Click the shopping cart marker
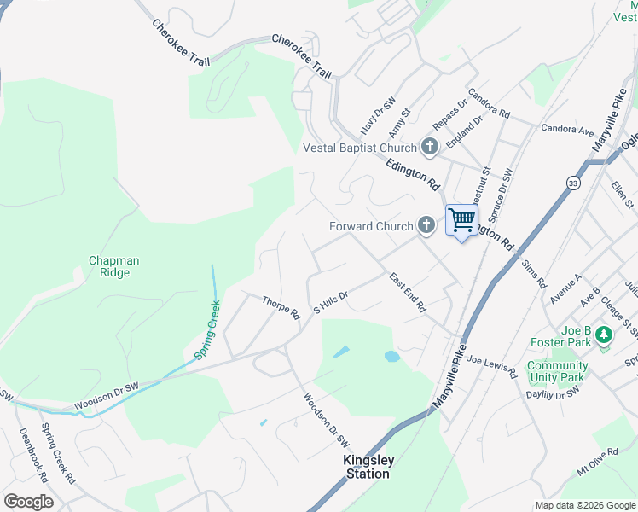pyautogui.click(x=461, y=220)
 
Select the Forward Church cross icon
pyautogui.click(x=426, y=226)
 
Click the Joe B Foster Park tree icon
pyautogui.click(x=605, y=335)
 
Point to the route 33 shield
pyautogui.click(x=572, y=183)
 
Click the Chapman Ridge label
pyautogui.click(x=113, y=266)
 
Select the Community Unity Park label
pyautogui.click(x=556, y=371)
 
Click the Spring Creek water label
pyautogui.click(x=209, y=329)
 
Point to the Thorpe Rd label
pyautogui.click(x=281, y=308)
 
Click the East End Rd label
pyautogui.click(x=407, y=293)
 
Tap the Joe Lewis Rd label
pyautogui.click(x=491, y=367)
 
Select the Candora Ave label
pyautogui.click(x=567, y=131)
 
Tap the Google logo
pyautogui.click(x=28, y=502)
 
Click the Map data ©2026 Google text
pyautogui.click(x=584, y=505)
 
